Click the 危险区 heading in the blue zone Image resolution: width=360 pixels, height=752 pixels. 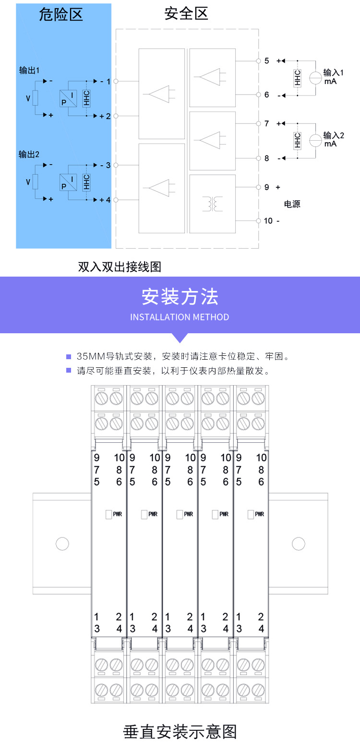61,14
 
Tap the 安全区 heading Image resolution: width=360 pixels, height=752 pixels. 186,14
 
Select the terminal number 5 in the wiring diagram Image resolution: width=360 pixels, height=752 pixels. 267,61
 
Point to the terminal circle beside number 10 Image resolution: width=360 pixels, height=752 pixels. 258,220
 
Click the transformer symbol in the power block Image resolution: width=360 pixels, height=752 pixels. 212,204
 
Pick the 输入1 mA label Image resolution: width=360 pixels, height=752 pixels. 333,77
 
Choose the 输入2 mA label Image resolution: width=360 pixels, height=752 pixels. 334,139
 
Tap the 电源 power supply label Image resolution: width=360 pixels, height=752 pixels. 292,204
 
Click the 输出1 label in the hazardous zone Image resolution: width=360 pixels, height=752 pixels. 29,71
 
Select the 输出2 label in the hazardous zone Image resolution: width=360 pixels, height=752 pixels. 29,155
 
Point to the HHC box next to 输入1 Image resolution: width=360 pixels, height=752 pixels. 297,78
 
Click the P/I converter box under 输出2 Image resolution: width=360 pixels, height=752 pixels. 69,182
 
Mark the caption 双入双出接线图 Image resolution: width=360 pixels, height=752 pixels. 120,267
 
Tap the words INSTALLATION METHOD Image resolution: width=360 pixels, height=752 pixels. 180,317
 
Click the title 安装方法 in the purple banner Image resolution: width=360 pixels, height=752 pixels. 180,297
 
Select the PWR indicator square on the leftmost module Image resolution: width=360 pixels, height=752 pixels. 108,514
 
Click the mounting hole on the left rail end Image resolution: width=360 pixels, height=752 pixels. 62,544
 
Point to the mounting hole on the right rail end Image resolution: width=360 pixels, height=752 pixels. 299,544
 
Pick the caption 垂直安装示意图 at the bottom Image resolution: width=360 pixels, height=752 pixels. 180,732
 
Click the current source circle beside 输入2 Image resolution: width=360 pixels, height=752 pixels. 315,140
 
